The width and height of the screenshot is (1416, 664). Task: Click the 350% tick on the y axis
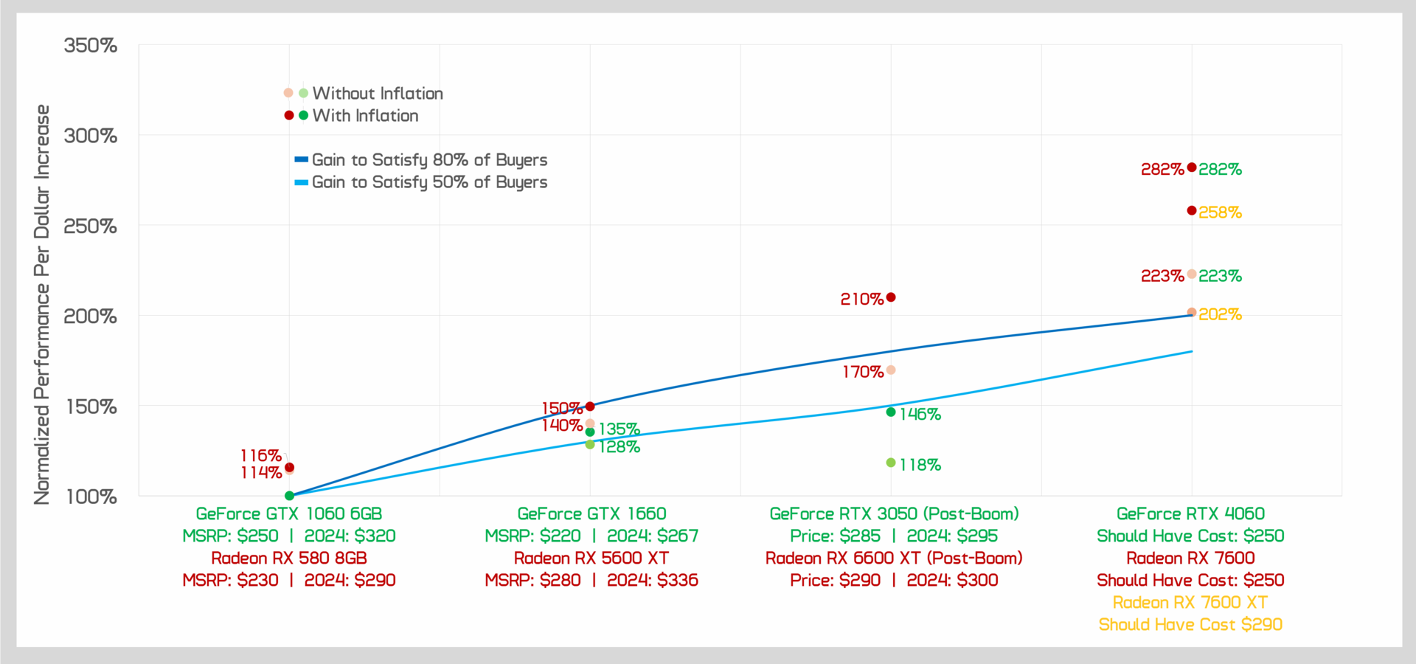[x=91, y=46]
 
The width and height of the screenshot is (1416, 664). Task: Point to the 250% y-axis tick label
[x=91, y=226]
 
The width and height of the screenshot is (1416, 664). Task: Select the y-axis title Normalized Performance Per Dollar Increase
[x=42, y=304]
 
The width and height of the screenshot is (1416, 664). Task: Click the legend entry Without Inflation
[x=377, y=94]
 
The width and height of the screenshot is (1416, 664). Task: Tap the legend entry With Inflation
[x=365, y=116]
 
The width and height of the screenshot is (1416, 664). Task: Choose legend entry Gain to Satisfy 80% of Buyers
[x=429, y=160]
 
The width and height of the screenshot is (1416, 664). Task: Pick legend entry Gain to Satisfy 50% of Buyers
[x=429, y=182]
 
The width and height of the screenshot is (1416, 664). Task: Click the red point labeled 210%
[x=891, y=297]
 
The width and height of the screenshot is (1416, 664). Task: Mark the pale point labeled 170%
[x=891, y=370]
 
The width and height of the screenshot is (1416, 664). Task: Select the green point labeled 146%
[x=891, y=412]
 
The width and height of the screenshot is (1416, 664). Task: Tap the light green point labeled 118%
[x=891, y=463]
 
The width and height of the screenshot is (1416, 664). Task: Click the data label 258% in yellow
[x=1220, y=212]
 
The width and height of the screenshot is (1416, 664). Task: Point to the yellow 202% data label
[x=1220, y=314]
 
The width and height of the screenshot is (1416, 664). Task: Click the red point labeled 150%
[x=590, y=407]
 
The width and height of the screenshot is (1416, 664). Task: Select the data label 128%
[x=619, y=447]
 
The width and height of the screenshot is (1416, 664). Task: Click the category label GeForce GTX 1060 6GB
[x=289, y=513]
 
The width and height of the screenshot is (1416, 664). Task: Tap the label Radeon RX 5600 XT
[x=591, y=558]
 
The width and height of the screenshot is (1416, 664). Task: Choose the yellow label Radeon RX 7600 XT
[x=1190, y=602]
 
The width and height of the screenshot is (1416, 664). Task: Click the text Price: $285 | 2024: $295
[x=894, y=536]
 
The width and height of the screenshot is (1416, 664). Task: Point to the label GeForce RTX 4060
[x=1190, y=513]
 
